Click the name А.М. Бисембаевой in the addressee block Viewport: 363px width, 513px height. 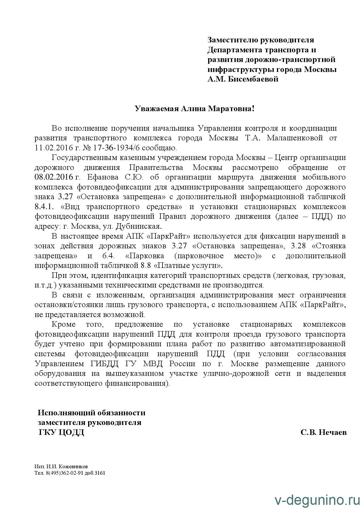[243, 79]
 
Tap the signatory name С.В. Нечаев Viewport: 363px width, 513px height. [323, 432]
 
